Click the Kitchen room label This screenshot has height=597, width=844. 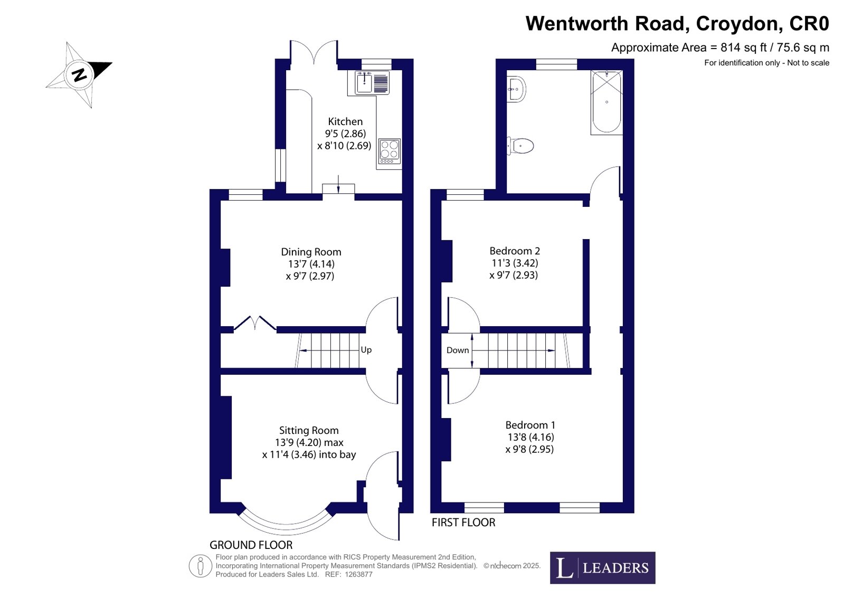click(345, 121)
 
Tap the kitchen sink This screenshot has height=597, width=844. click(372, 82)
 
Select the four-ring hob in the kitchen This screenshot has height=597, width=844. click(390, 151)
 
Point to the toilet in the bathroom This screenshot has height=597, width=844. click(520, 146)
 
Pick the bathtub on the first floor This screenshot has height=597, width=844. click(606, 102)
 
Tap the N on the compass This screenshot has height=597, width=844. click(79, 75)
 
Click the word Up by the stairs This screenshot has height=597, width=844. click(366, 350)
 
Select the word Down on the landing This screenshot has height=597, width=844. click(458, 350)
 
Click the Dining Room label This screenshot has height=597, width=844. click(311, 252)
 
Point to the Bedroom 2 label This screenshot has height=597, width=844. click(515, 251)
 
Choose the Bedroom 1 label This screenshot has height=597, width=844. click(530, 425)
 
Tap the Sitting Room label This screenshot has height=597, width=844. click(309, 430)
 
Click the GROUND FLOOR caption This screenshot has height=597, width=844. click(251, 545)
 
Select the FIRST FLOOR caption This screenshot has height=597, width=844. click(463, 522)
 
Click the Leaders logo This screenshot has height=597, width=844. click(602, 567)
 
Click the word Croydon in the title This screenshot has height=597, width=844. click(737, 23)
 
